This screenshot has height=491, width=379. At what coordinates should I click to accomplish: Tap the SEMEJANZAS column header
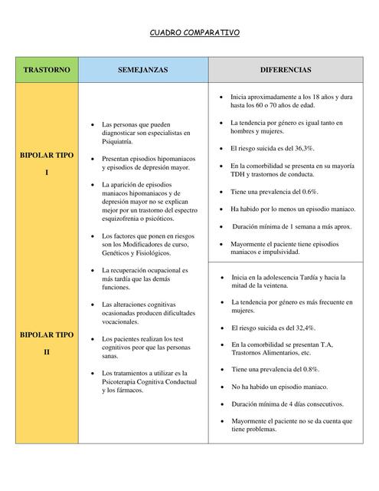click(x=142, y=70)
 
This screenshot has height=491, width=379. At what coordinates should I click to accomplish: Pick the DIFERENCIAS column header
click(x=285, y=70)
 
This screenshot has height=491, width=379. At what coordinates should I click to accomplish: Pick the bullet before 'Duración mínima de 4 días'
click(x=221, y=404)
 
